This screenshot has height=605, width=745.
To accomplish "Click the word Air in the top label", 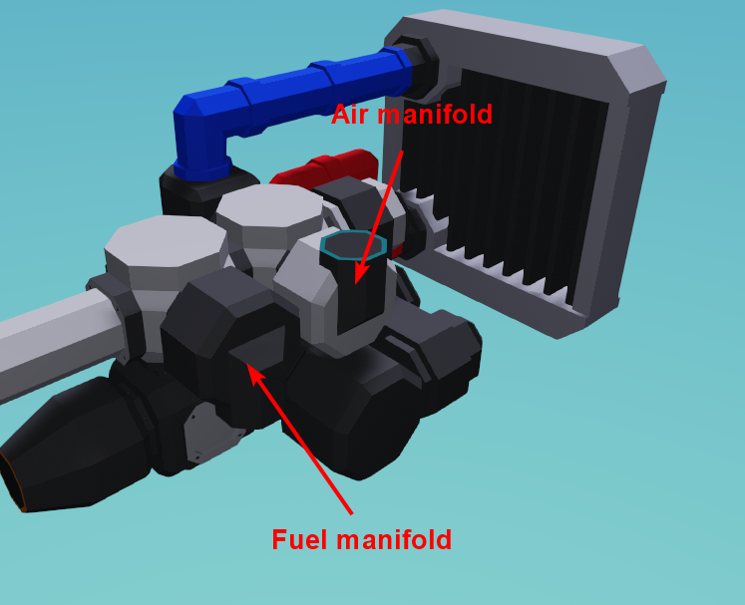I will pos(351,115).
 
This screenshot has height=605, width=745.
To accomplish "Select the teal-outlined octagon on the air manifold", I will pos(353,244).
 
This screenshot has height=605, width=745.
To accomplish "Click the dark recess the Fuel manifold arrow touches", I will pos(257,354).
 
